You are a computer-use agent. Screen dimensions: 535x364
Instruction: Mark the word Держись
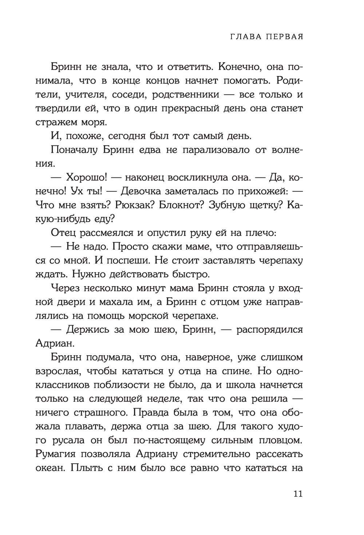pyautogui.click(x=87, y=329)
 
